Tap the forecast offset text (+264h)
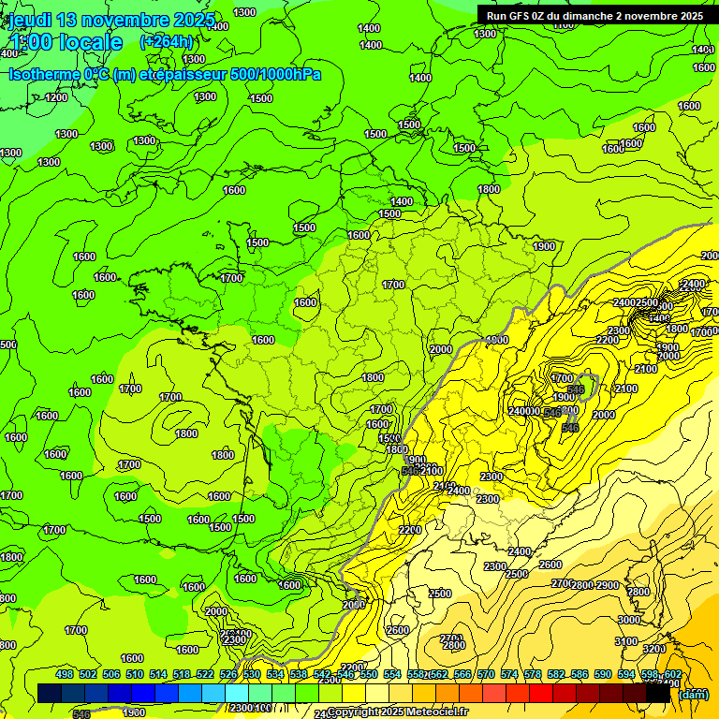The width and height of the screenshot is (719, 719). pos(167,41)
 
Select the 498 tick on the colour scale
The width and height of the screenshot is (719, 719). pos(65,674)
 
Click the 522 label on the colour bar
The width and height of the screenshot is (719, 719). pos(205,674)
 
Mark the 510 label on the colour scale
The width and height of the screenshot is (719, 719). pos(135,674)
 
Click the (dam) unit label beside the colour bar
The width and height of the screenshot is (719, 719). pos(693,695)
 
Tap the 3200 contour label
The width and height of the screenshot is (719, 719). pos(654,648)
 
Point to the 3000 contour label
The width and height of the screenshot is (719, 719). pos(629,619)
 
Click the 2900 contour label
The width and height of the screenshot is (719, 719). pos(608,584)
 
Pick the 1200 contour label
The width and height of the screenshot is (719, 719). pos(57,97)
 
